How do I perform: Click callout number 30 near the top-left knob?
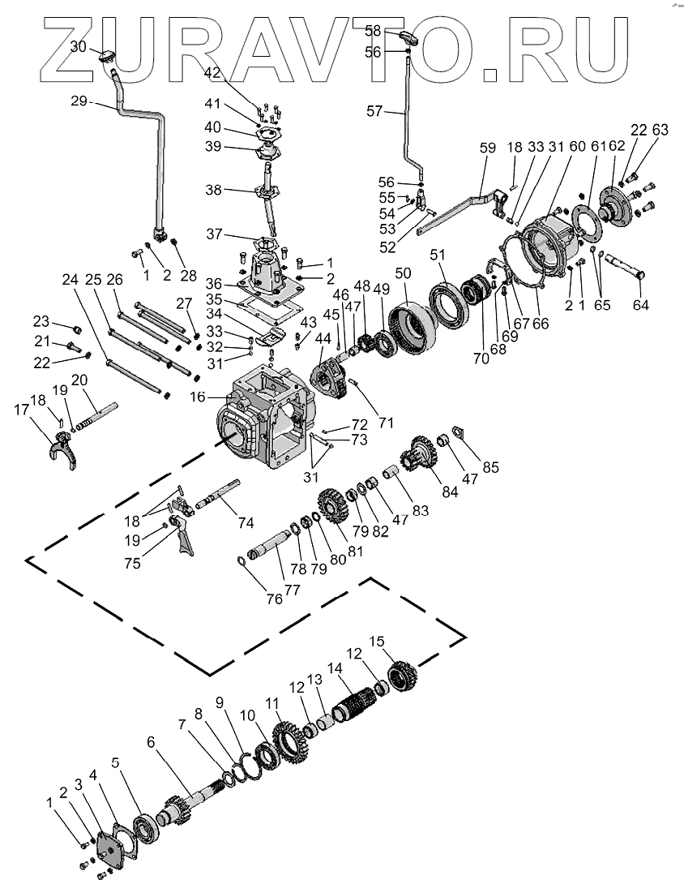[78, 47]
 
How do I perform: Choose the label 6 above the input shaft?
[151, 742]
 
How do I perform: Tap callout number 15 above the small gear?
[376, 641]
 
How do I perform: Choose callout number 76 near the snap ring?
[274, 599]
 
